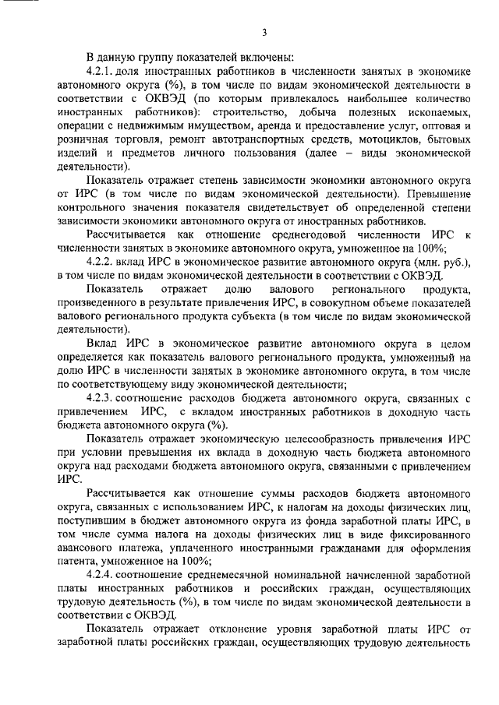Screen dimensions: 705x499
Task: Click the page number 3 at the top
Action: (264, 32)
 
